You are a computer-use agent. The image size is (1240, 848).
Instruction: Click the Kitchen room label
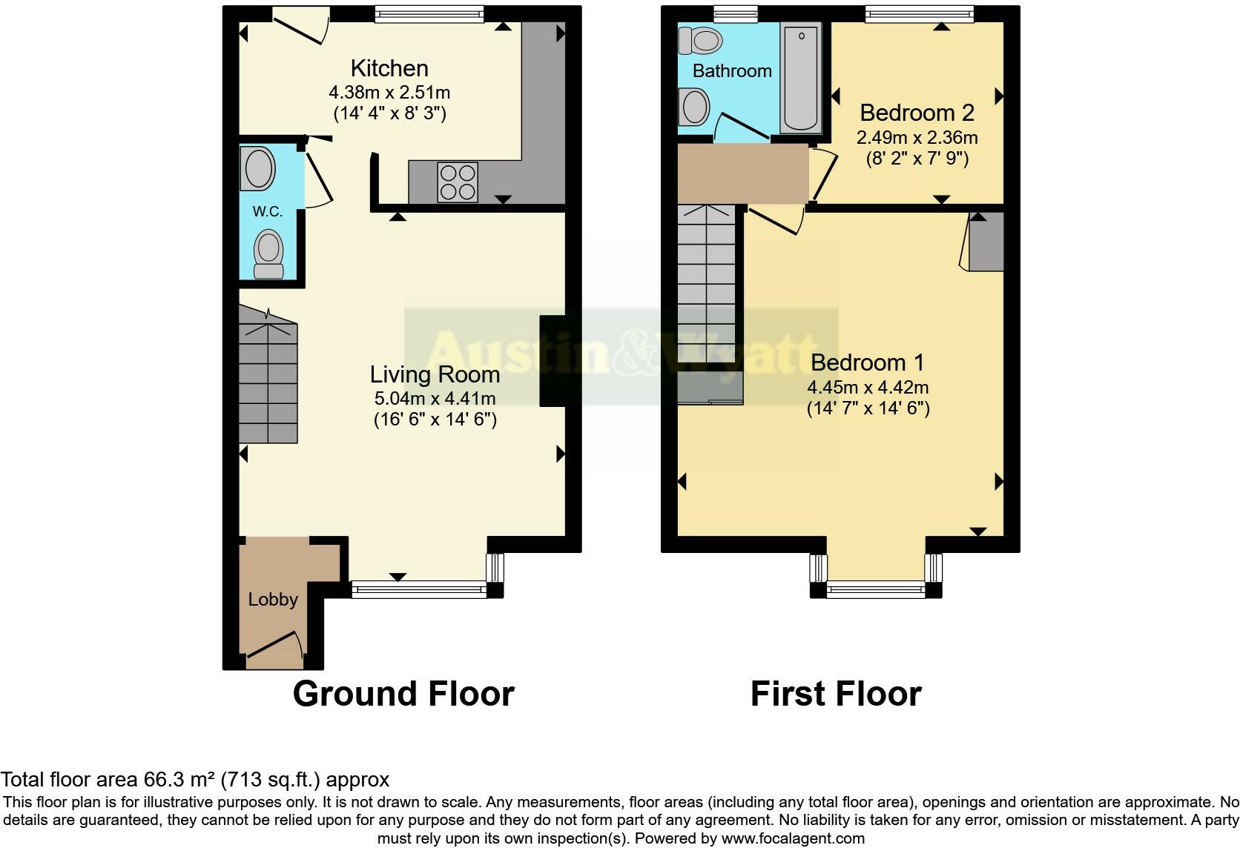pyautogui.click(x=389, y=68)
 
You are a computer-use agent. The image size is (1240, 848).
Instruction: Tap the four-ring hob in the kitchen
pyautogui.click(x=458, y=182)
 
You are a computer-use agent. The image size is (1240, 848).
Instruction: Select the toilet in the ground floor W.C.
pyautogui.click(x=268, y=252)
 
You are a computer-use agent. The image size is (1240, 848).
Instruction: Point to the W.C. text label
pyautogui.click(x=268, y=211)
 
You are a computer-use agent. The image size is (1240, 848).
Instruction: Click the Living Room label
pyautogui.click(x=435, y=374)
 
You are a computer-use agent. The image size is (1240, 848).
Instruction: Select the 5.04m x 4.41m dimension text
pyautogui.click(x=435, y=398)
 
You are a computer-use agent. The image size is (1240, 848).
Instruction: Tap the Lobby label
pyautogui.click(x=273, y=600)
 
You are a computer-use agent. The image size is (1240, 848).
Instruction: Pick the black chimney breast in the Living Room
pyautogui.click(x=552, y=361)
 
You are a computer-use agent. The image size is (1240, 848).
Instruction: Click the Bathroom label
pyautogui.click(x=732, y=71)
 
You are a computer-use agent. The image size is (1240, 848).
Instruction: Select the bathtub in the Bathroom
pyautogui.click(x=800, y=77)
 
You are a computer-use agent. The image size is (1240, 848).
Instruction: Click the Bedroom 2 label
pyautogui.click(x=917, y=113)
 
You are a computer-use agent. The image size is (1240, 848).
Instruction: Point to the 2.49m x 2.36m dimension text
pyautogui.click(x=917, y=138)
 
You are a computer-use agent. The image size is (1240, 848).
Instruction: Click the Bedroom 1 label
pyautogui.click(x=868, y=362)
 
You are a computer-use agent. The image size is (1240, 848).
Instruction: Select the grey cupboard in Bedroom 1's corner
pyautogui.click(x=986, y=242)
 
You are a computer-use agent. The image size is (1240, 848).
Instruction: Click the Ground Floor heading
pyautogui.click(x=403, y=694)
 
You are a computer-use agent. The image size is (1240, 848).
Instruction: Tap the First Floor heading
pyautogui.click(x=836, y=694)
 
